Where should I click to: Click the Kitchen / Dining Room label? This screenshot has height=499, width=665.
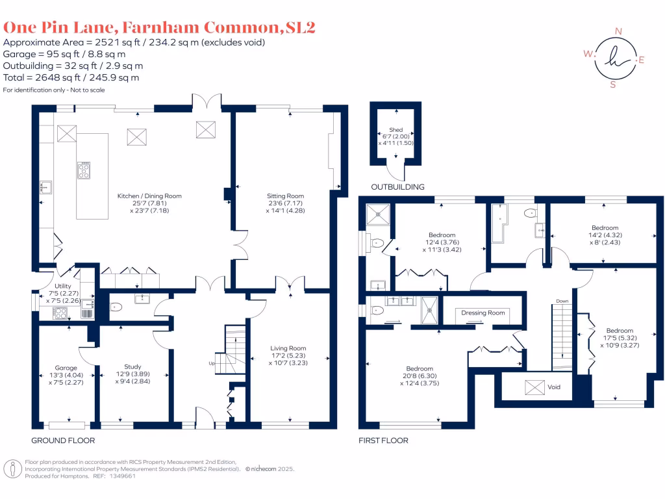[149, 196]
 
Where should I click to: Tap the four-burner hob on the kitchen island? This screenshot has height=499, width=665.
[84, 170]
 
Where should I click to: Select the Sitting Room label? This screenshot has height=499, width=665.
[285, 196]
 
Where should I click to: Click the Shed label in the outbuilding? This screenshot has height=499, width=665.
[395, 130]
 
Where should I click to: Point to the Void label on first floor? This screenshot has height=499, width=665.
[553, 387]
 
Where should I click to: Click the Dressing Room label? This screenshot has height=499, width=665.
[483, 313]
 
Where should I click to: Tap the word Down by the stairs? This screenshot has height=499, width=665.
[562, 301]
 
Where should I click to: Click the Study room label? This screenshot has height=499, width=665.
[132, 366]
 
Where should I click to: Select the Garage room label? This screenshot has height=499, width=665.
[66, 368]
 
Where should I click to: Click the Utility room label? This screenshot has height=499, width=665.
[63, 286]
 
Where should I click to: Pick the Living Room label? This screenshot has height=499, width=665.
[288, 348]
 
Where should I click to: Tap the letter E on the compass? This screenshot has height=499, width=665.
[642, 60]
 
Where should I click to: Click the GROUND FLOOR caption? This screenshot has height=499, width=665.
[63, 441]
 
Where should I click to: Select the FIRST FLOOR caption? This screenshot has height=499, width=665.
[383, 441]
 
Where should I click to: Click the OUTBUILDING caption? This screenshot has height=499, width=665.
[397, 187]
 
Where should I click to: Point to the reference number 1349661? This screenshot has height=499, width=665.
[121, 476]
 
